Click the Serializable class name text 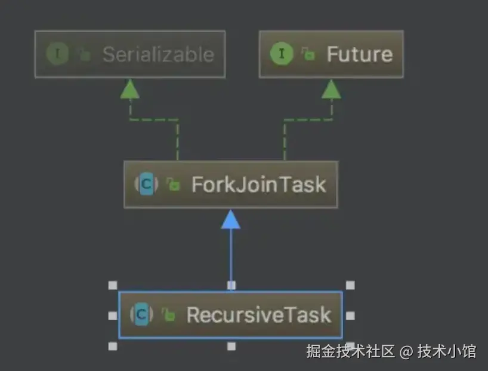click(157, 54)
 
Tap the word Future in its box click(359, 54)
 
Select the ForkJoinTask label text click(258, 184)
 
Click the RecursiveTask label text click(258, 314)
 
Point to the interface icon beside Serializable click(57, 54)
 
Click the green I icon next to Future click(281, 54)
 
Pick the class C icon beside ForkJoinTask click(146, 184)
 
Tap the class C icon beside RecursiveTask click(141, 314)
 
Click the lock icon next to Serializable click(85, 55)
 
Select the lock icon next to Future click(308, 55)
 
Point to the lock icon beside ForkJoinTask click(173, 185)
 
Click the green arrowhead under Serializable click(129, 90)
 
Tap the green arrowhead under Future click(331, 90)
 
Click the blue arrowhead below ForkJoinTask click(230, 219)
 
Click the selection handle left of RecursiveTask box click(112, 315)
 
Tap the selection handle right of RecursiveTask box click(350, 315)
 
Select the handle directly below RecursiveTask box click(231, 346)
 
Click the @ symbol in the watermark click(406, 351)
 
